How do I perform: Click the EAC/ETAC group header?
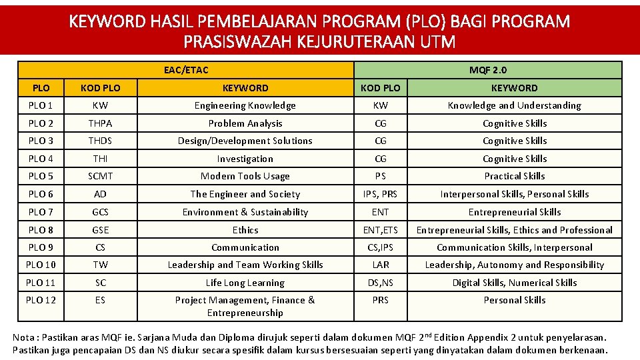(186, 70)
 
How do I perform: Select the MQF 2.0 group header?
(487, 70)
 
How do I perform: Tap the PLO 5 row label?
(41, 176)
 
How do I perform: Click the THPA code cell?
(100, 123)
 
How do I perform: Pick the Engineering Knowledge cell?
(245, 105)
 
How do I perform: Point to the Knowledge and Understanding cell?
(514, 105)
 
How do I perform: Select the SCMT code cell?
(100, 176)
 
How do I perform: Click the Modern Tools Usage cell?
(245, 176)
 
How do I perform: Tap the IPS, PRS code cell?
(380, 194)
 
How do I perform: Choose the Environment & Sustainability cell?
(245, 212)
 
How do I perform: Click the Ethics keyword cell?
(245, 230)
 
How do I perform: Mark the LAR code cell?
(380, 265)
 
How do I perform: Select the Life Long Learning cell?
(245, 283)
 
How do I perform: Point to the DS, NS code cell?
(380, 283)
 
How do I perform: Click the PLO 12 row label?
(41, 300)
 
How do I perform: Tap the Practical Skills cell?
(514, 176)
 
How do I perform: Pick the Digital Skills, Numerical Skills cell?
(514, 283)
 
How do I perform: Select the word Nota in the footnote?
(25, 337)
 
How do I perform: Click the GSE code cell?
(100, 230)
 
